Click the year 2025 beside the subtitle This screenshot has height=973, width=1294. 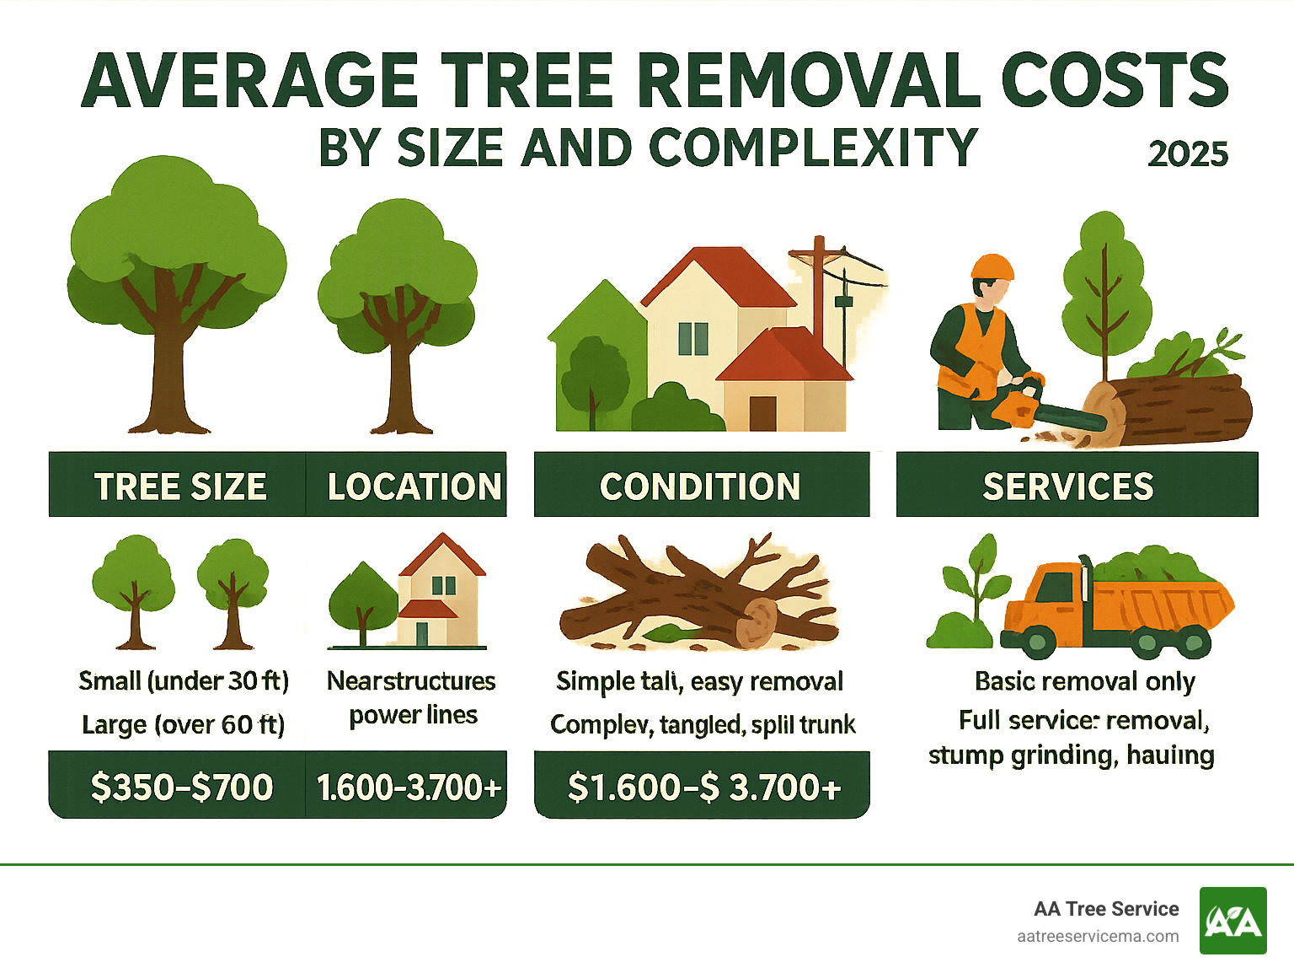click(x=1187, y=154)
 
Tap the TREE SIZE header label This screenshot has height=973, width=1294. click(x=179, y=486)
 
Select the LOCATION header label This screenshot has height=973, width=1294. click(x=414, y=486)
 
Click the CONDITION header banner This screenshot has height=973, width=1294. click(x=700, y=486)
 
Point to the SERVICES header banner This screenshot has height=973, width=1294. click(x=1067, y=486)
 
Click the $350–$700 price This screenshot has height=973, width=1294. click(x=182, y=787)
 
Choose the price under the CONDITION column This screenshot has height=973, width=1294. click(x=704, y=787)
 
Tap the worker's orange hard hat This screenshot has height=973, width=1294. click(x=992, y=267)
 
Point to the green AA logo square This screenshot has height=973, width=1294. click(x=1233, y=921)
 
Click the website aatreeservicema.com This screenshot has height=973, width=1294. click(x=1097, y=936)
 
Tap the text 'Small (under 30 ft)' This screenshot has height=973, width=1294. click(x=184, y=680)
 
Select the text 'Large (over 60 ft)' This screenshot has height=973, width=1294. click(x=184, y=724)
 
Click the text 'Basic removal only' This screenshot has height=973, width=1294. click(x=1084, y=680)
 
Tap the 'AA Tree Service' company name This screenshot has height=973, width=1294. click(x=1105, y=909)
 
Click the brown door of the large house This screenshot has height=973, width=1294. click(x=762, y=413)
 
